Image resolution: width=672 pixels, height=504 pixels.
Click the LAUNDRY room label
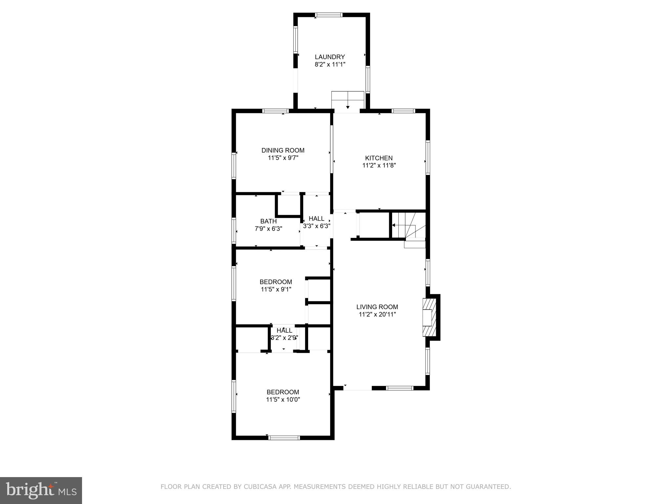tap(330, 57)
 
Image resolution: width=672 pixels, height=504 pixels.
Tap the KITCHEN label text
tap(379, 158)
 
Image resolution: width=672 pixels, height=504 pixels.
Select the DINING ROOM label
tap(283, 150)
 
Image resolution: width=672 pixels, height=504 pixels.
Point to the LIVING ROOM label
tap(377, 307)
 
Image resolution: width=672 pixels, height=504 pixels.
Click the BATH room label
tap(268, 221)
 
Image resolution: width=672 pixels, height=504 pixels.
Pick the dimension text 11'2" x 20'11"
tap(377, 314)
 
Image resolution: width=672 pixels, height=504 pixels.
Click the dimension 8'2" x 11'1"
tap(330, 64)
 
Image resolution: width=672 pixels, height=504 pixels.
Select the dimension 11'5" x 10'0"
tap(283, 399)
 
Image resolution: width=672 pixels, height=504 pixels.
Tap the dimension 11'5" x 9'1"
tap(276, 289)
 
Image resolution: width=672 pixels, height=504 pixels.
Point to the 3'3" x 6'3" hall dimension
tap(317, 226)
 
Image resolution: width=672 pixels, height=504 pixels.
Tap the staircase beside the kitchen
tap(409, 225)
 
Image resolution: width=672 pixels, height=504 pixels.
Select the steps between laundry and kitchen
tap(348, 100)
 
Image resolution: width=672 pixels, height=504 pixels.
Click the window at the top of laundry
tap(329, 15)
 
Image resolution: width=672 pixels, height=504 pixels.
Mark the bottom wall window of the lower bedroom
tap(284, 437)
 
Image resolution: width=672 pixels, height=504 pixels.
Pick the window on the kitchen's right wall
tap(428, 157)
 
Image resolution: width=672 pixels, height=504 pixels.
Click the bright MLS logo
tap(41, 491)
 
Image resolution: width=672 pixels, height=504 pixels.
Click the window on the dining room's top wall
tap(276, 111)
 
